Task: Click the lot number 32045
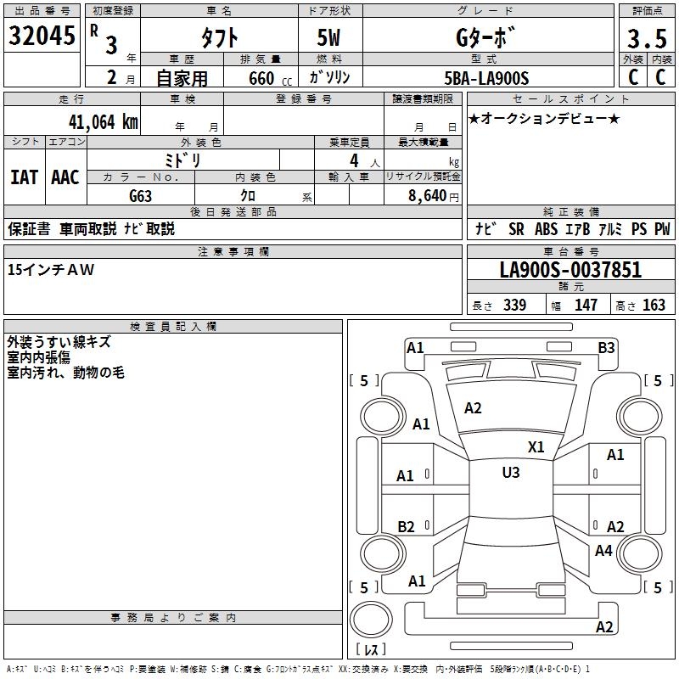pyautogui.click(x=42, y=36)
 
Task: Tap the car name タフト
pyautogui.click(x=218, y=37)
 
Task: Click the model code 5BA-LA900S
pyautogui.click(x=486, y=78)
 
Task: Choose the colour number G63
pyautogui.click(x=141, y=195)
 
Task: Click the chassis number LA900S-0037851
pyautogui.click(x=570, y=271)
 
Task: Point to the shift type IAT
pyautogui.click(x=24, y=177)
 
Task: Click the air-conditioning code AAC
pyautogui.click(x=65, y=177)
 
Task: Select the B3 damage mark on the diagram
pyautogui.click(x=606, y=347)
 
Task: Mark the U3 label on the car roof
pyautogui.click(x=510, y=473)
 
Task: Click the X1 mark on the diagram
pyautogui.click(x=536, y=446)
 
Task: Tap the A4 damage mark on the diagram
pyautogui.click(x=603, y=551)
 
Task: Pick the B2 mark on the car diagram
pyautogui.click(x=407, y=526)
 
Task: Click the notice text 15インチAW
pyautogui.click(x=51, y=269)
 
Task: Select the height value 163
pyautogui.click(x=654, y=306)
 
